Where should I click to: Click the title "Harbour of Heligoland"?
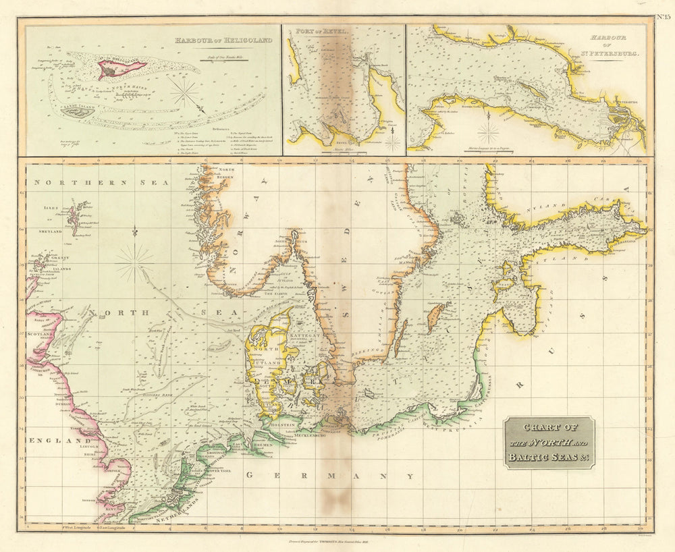(223, 40)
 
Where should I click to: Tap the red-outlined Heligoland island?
(122, 67)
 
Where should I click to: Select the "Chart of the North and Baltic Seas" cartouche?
(549, 442)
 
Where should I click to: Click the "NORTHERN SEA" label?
(72, 182)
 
